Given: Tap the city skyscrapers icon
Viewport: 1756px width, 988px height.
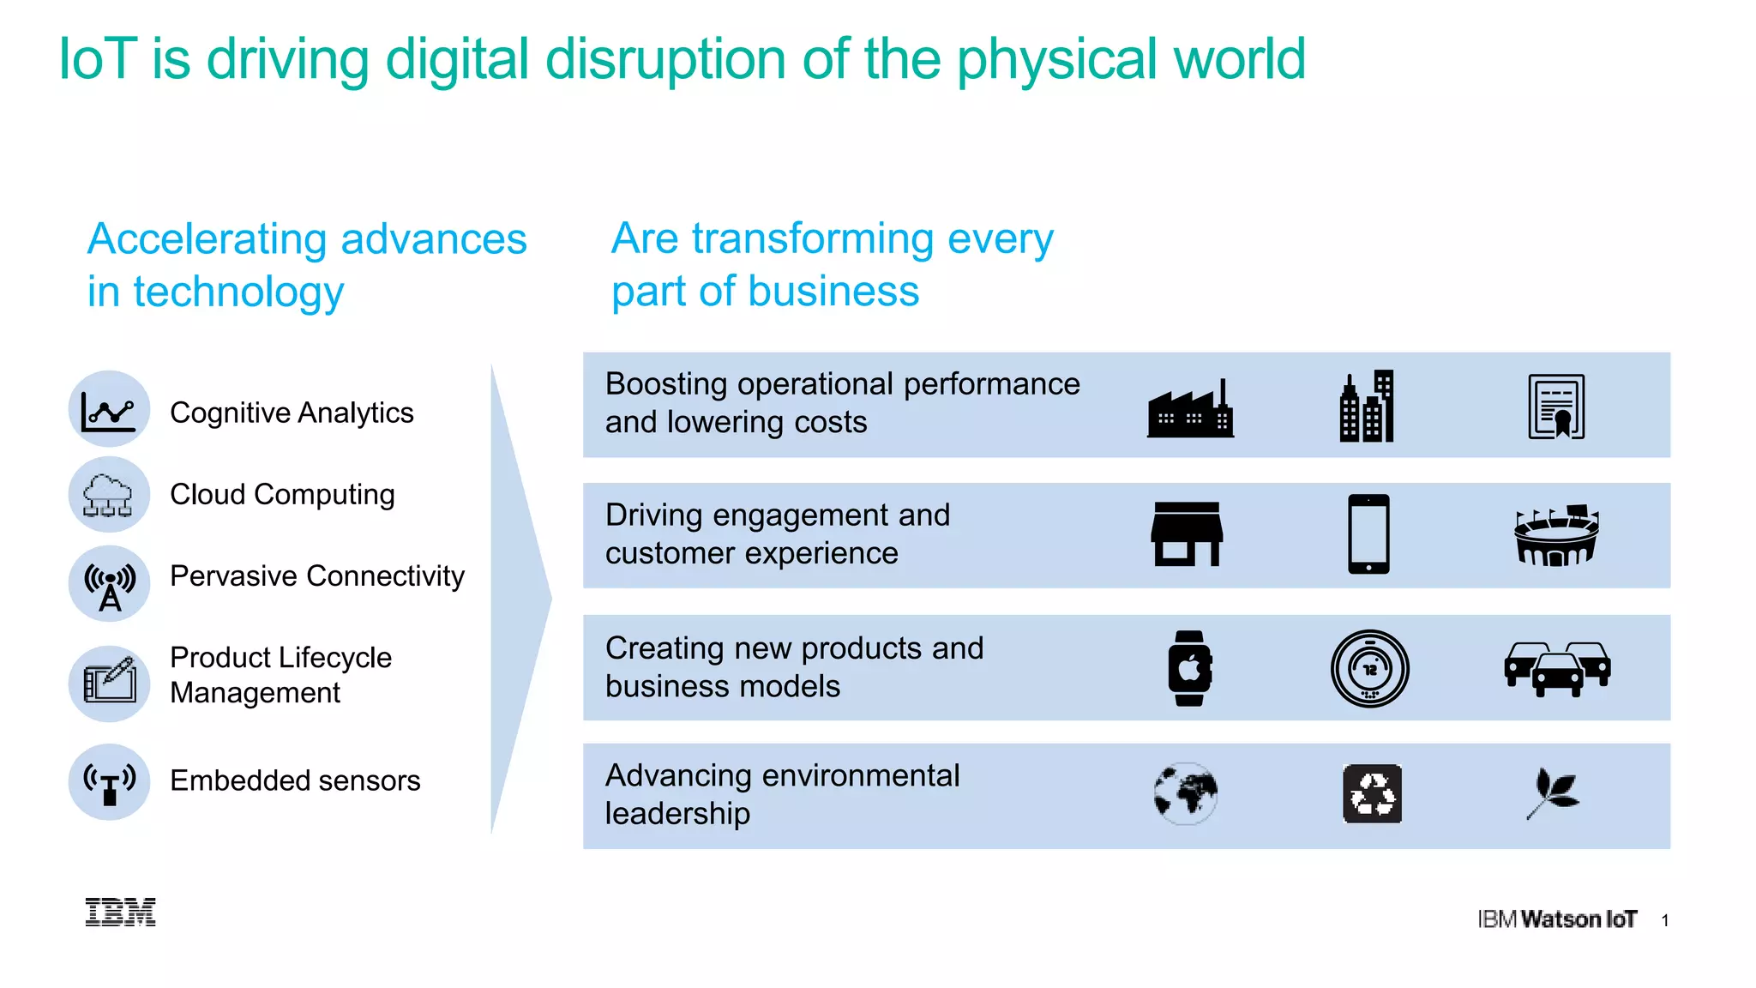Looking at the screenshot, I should [1367, 407].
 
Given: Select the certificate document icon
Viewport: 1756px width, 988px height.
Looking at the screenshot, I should [1556, 407].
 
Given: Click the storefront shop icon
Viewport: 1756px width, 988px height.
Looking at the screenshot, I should [1187, 534].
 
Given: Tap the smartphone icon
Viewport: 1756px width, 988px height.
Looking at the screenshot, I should [1368, 533].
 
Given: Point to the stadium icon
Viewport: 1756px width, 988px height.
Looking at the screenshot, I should [1556, 536].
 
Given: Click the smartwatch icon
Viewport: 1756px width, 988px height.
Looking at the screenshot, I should [1189, 668].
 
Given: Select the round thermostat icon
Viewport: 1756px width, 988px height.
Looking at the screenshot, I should [1369, 669].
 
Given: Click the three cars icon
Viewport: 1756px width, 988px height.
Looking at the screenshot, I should [1557, 669].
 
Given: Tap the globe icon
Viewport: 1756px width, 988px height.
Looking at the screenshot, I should [1186, 794].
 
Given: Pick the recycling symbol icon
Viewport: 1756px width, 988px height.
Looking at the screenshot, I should [1372, 794].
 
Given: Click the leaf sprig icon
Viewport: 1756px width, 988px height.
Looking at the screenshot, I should [1553, 794].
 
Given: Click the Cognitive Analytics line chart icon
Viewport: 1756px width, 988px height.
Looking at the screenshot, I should [109, 410].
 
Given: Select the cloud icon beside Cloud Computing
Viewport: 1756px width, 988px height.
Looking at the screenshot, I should [108, 495].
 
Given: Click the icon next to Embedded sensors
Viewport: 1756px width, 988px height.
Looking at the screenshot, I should [110, 782].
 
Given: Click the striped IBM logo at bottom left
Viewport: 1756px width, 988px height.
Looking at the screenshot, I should [121, 913].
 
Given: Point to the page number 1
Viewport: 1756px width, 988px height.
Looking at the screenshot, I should [1664, 921].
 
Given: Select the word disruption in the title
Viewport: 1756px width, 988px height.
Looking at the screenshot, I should [665, 60].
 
